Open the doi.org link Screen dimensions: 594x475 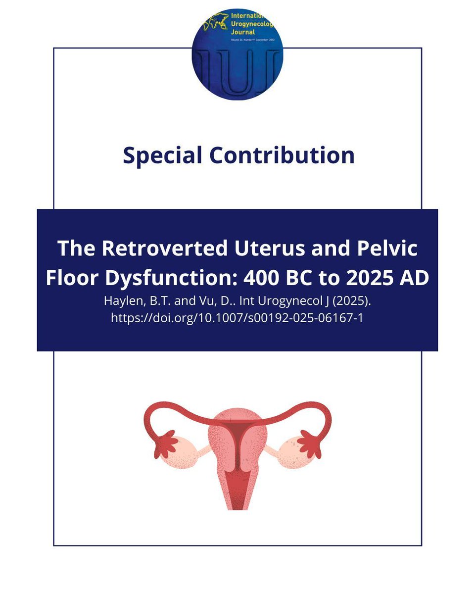click(237, 318)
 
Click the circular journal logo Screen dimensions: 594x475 click(237, 54)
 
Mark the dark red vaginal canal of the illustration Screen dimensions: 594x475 click(237, 488)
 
